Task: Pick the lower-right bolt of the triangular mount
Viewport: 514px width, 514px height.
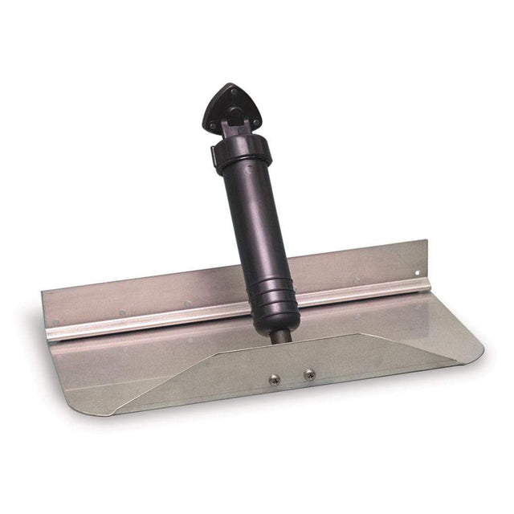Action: [x=255, y=121]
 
